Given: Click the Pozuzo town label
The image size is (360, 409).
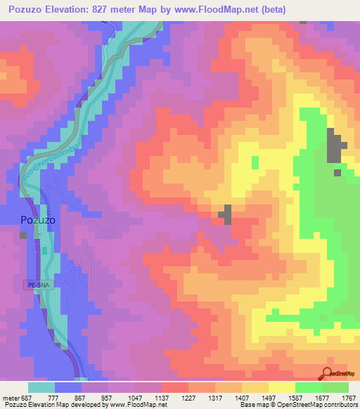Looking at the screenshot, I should (x=37, y=219).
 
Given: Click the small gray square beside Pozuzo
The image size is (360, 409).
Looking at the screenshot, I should (x=24, y=235).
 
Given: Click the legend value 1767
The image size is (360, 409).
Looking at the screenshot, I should (x=347, y=398).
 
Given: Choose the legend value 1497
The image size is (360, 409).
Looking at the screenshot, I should (x=267, y=398).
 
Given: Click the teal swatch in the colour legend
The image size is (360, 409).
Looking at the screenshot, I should (x=41, y=387).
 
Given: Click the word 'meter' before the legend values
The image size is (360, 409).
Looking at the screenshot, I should (x=11, y=398).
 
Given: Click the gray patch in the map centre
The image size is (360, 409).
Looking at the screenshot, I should (x=226, y=214).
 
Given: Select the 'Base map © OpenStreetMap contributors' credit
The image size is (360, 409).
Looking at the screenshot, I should (x=297, y=405).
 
